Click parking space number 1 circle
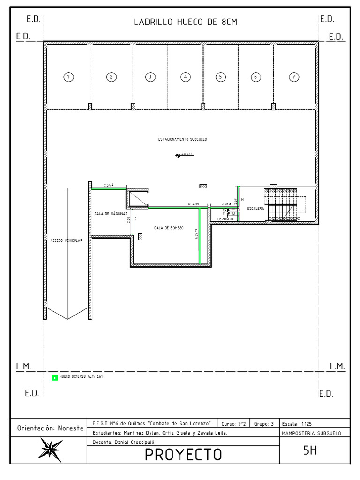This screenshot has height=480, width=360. click(x=68, y=76)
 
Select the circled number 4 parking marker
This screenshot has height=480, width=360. click(x=186, y=76)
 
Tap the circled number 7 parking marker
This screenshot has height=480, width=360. click(x=293, y=76)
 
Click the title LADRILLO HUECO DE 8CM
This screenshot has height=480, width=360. click(x=181, y=22)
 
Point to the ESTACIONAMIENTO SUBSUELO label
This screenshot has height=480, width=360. click(x=182, y=139)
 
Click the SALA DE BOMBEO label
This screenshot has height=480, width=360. click(x=169, y=228)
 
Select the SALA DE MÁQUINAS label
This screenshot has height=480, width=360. click(x=111, y=214)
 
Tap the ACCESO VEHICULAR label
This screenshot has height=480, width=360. click(x=67, y=240)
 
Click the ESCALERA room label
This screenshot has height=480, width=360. click(x=256, y=208)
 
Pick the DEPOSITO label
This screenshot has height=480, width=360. click(x=225, y=219)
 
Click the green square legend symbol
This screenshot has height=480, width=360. click(x=54, y=377)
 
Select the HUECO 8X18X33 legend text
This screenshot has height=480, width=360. click(x=81, y=376)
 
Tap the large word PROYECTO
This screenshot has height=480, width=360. click(x=183, y=454)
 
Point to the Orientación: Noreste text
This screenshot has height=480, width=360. click(x=50, y=428)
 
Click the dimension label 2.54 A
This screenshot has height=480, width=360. click(x=109, y=185)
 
